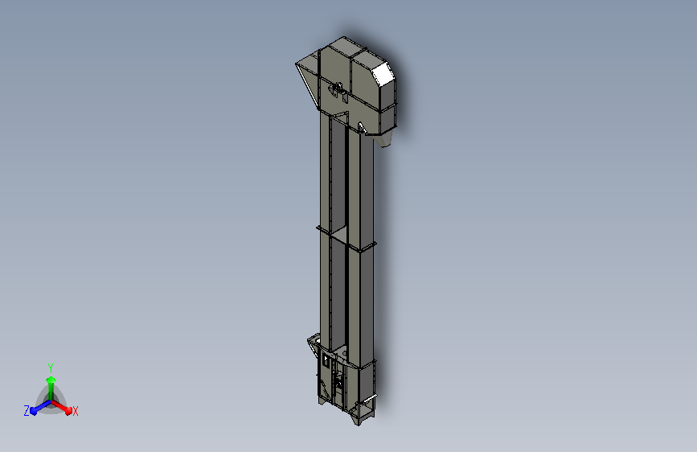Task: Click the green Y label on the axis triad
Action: pyautogui.click(x=51, y=368)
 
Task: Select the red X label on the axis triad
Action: pyautogui.click(x=75, y=411)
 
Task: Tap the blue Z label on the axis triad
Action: pyautogui.click(x=27, y=411)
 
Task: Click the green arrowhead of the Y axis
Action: pyautogui.click(x=51, y=380)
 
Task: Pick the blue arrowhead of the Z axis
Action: pyautogui.click(x=34, y=410)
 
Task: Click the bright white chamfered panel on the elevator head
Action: pyautogui.click(x=383, y=74)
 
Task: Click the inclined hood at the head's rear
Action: pyautogui.click(x=308, y=78)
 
